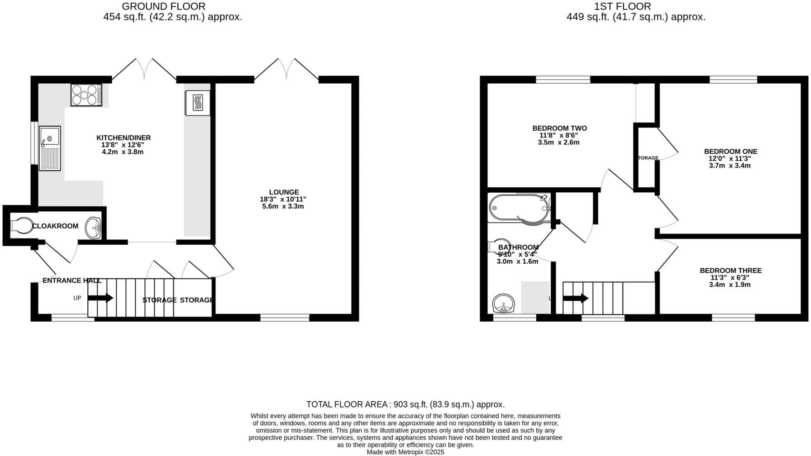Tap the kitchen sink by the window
tap(49, 148)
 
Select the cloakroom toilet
tap(21, 225)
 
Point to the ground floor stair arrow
tap(100, 298)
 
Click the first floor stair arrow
tap(575, 299)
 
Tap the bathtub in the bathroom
tap(520, 208)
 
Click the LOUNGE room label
tap(284, 192)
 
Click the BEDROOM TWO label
tap(559, 128)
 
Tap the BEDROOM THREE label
tap(730, 271)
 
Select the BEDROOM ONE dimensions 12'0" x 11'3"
tap(730, 159)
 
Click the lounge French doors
tap(286, 70)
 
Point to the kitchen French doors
tap(144, 70)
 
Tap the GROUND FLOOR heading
tap(163, 6)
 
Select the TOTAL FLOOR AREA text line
tap(405, 404)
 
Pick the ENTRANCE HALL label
tap(72, 280)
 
